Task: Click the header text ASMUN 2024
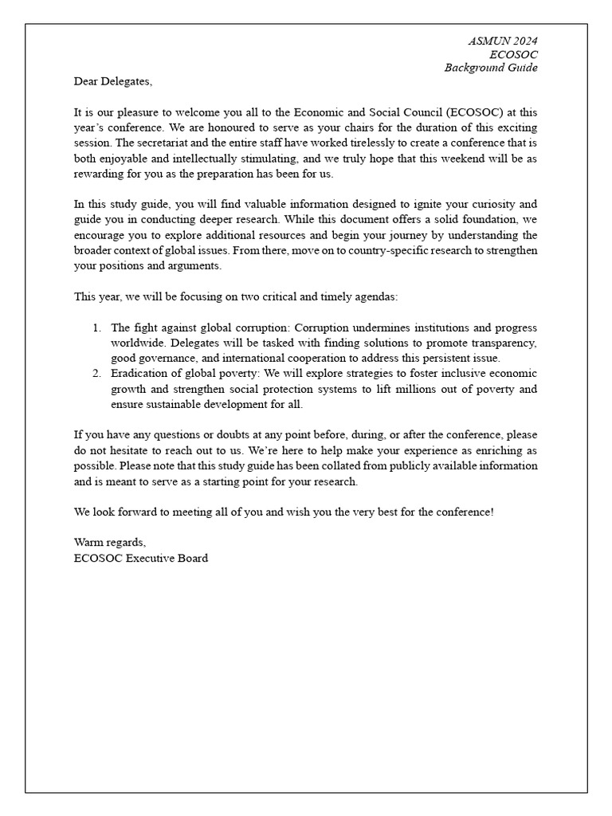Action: click(x=503, y=41)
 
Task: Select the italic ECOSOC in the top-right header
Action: click(x=514, y=54)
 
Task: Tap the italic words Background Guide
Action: click(x=491, y=68)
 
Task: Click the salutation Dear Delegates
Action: click(x=112, y=81)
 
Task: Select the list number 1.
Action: click(x=96, y=328)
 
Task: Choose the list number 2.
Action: click(x=96, y=374)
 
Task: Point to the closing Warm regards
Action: click(x=109, y=543)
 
